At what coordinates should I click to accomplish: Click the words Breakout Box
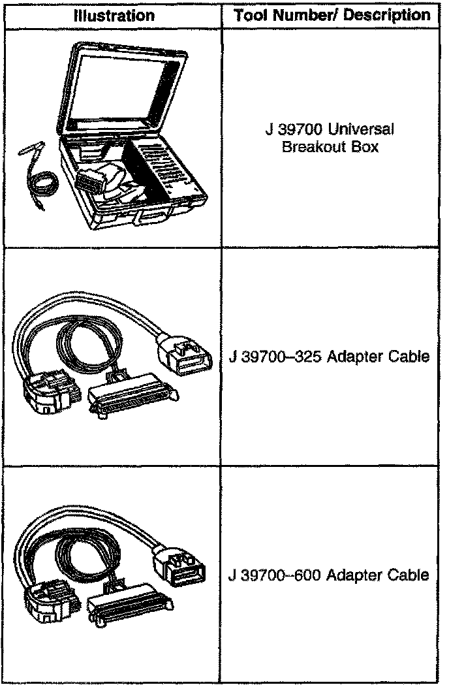[330, 146]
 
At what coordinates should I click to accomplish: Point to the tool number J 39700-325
[275, 357]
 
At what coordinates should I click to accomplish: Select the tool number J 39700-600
[275, 575]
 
